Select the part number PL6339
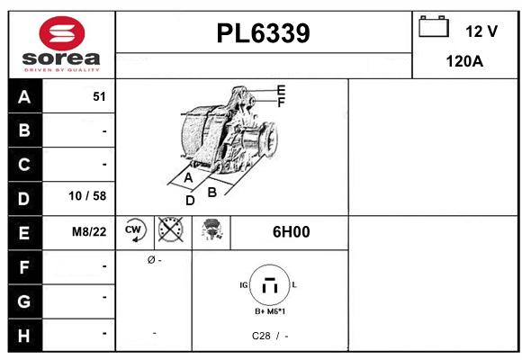(264, 33)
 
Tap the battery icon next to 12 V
(435, 27)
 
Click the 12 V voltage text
(481, 31)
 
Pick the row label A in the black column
(24, 96)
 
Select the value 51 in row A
(99, 96)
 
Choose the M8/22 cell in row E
(89, 231)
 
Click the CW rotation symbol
(135, 230)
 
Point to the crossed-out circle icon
(170, 230)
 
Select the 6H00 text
(291, 231)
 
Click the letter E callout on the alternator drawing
(281, 90)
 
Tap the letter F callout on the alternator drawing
(281, 103)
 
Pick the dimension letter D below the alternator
(190, 200)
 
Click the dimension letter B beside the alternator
(212, 192)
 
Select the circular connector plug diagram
(268, 287)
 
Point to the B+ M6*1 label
(270, 312)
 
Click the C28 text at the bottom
(260, 336)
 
